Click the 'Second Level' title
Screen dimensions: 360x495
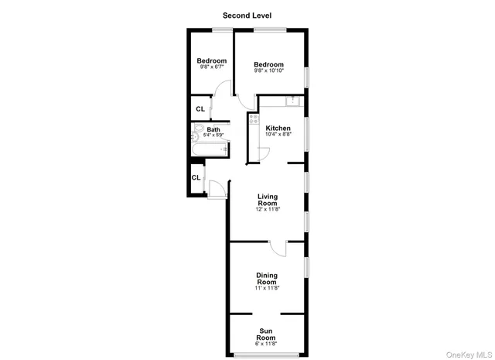[247, 15]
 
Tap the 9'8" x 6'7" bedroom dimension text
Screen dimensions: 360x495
[211, 67]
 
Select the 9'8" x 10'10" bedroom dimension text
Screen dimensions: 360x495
[269, 71]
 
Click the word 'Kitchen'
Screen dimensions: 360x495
[278, 128]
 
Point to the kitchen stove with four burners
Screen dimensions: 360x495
[254, 119]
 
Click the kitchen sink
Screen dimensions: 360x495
[292, 101]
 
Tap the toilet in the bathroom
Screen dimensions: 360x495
[198, 129]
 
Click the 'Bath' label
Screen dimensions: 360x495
[213, 129]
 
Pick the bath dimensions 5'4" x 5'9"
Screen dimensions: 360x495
[213, 135]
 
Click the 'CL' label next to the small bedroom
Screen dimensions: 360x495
[200, 109]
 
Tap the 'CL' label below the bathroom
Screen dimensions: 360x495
[196, 177]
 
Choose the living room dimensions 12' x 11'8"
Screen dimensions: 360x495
[268, 210]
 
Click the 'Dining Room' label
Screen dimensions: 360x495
[267, 279]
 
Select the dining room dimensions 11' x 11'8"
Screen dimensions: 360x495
[267, 289]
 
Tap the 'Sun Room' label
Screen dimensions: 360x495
[266, 334]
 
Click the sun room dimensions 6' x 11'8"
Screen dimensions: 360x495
[266, 344]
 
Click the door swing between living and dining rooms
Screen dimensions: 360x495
[279, 248]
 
